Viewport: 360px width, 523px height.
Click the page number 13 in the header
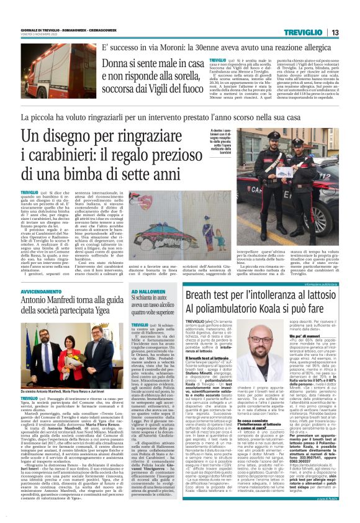[x=335, y=33]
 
